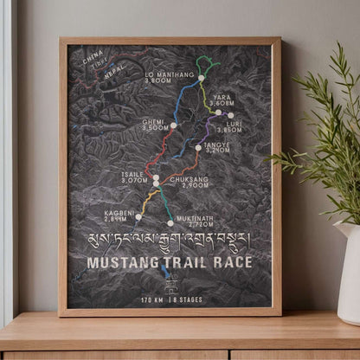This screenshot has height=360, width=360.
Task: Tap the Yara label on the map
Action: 222,99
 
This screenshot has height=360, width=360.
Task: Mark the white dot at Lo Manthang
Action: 201,78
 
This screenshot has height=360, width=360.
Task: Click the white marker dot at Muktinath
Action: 170,222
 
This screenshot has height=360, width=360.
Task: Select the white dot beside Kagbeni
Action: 138,216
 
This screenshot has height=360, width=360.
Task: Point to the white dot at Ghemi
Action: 173,125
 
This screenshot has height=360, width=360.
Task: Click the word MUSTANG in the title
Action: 124,262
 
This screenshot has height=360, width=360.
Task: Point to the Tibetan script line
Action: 170,240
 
